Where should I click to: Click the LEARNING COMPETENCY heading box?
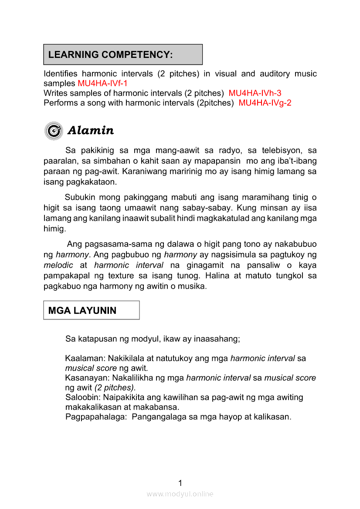[x=123, y=54]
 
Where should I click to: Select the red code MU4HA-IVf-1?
[x=102, y=83]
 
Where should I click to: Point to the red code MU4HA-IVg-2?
[x=265, y=103]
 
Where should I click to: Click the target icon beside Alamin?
[x=54, y=131]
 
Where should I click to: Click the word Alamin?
[x=91, y=131]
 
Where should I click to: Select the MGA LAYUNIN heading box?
[x=91, y=310]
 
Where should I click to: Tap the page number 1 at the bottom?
[x=180, y=482]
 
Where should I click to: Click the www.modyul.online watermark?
[x=180, y=494]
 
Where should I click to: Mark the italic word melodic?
[x=58, y=265]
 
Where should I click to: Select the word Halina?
[x=220, y=276]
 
